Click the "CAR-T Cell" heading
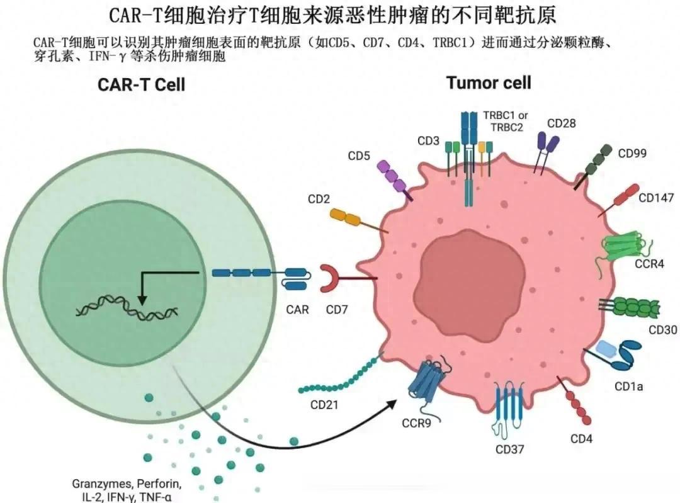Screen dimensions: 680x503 pyautogui.click(x=142, y=84)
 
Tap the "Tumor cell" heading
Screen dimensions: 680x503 pyautogui.click(x=489, y=82)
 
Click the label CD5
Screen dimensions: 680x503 pyautogui.click(x=359, y=155)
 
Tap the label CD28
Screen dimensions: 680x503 pyautogui.click(x=561, y=123)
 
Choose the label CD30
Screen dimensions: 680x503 pyautogui.click(x=662, y=330)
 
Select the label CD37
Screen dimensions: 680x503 pyautogui.click(x=509, y=449)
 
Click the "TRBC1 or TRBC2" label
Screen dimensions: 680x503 pyautogui.click(x=506, y=122)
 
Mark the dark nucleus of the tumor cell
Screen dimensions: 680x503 pyautogui.click(x=470, y=282)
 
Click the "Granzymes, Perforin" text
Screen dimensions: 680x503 pyautogui.click(x=127, y=483)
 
